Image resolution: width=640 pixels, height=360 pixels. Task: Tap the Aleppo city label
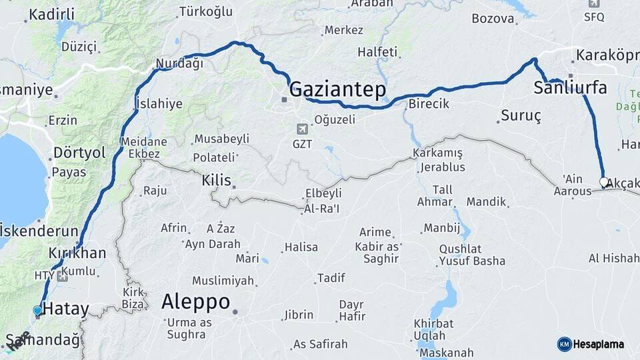195,301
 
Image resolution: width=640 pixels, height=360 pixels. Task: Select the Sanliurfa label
570,87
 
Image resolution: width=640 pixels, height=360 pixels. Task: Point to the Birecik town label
429,104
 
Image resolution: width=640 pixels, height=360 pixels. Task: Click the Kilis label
216,180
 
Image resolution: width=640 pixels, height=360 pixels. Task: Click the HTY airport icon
62,276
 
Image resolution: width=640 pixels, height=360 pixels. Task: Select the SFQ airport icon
594,3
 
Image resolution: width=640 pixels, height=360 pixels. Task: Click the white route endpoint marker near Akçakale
603,181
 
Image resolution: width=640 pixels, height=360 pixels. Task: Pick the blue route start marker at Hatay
37,311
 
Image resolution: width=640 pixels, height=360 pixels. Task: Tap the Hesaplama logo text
599,344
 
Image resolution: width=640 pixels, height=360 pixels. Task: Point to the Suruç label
521,115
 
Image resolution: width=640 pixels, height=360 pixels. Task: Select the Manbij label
442,228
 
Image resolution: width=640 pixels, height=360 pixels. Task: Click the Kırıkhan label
77,253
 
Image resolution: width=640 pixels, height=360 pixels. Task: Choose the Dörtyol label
79,153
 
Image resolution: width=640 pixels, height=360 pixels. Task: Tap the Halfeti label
377,52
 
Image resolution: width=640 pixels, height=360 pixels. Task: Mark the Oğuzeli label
335,120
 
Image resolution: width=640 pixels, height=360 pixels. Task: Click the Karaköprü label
607,55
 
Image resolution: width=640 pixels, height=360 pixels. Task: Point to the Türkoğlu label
206,12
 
